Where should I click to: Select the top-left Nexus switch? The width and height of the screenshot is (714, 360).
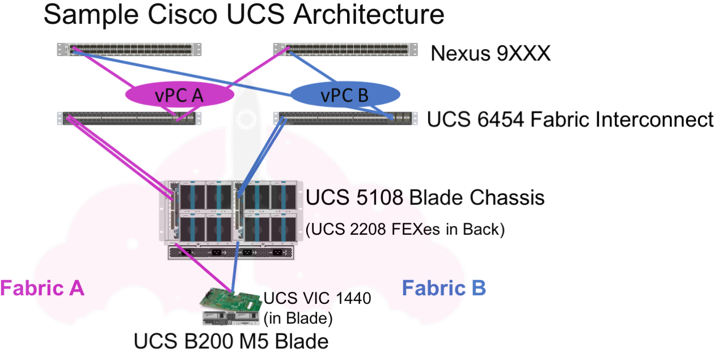coord(130,49)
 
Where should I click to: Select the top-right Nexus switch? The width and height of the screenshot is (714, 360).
coord(340,49)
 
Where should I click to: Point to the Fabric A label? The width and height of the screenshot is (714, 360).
coord(42,288)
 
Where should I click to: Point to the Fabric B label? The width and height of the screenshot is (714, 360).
coord(443,288)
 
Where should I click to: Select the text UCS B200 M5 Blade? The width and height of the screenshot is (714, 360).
coord(231,342)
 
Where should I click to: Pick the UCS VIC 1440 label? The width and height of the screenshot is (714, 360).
coord(317,298)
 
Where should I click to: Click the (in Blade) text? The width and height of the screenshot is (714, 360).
coord(298,318)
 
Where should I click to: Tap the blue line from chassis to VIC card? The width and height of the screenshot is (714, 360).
coord(234,272)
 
